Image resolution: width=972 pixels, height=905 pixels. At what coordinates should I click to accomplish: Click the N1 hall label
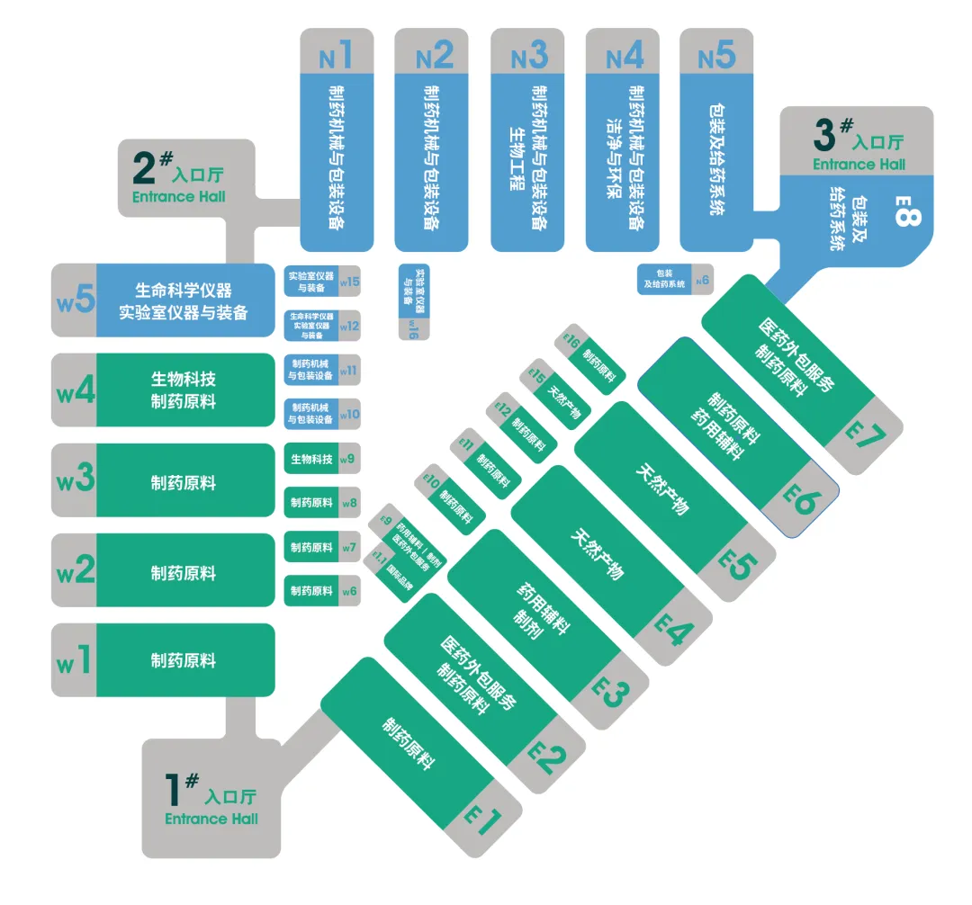point(336,56)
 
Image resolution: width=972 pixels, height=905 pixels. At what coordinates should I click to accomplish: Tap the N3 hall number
point(528,56)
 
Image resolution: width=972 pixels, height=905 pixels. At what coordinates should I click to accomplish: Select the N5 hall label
point(716,56)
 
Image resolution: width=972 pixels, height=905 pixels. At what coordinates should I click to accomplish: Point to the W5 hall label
point(76,300)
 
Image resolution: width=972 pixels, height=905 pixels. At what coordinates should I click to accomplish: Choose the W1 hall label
point(75,661)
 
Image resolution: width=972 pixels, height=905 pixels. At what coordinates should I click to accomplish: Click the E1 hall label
point(482,821)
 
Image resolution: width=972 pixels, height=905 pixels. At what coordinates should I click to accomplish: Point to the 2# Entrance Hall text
point(178,178)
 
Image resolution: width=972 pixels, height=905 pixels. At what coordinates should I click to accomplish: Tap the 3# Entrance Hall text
point(859,146)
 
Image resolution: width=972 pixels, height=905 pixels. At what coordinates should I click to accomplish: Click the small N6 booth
point(673,279)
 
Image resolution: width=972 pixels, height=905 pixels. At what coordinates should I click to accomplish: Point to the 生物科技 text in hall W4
point(183,379)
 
